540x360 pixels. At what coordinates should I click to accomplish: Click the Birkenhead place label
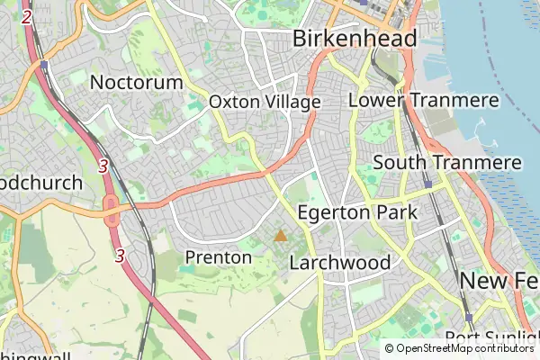355,39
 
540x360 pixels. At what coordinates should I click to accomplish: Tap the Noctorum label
137,82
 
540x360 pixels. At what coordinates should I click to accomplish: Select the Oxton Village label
265,103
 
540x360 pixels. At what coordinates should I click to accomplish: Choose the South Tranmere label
447,163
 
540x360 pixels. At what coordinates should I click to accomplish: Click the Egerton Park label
356,213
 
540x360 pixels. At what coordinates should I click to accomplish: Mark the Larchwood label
340,263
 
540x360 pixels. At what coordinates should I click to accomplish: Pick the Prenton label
218,257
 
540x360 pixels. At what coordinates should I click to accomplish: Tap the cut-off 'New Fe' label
499,281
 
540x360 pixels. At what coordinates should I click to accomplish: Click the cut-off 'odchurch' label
41,183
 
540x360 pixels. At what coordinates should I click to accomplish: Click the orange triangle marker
281,236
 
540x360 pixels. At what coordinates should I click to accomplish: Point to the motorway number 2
27,17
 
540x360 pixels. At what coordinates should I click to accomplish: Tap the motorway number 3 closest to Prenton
120,256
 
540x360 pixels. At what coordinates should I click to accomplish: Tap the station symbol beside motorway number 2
44,66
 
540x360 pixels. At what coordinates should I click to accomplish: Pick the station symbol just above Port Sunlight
469,317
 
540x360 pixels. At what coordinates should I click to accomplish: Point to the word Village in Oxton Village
292,103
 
